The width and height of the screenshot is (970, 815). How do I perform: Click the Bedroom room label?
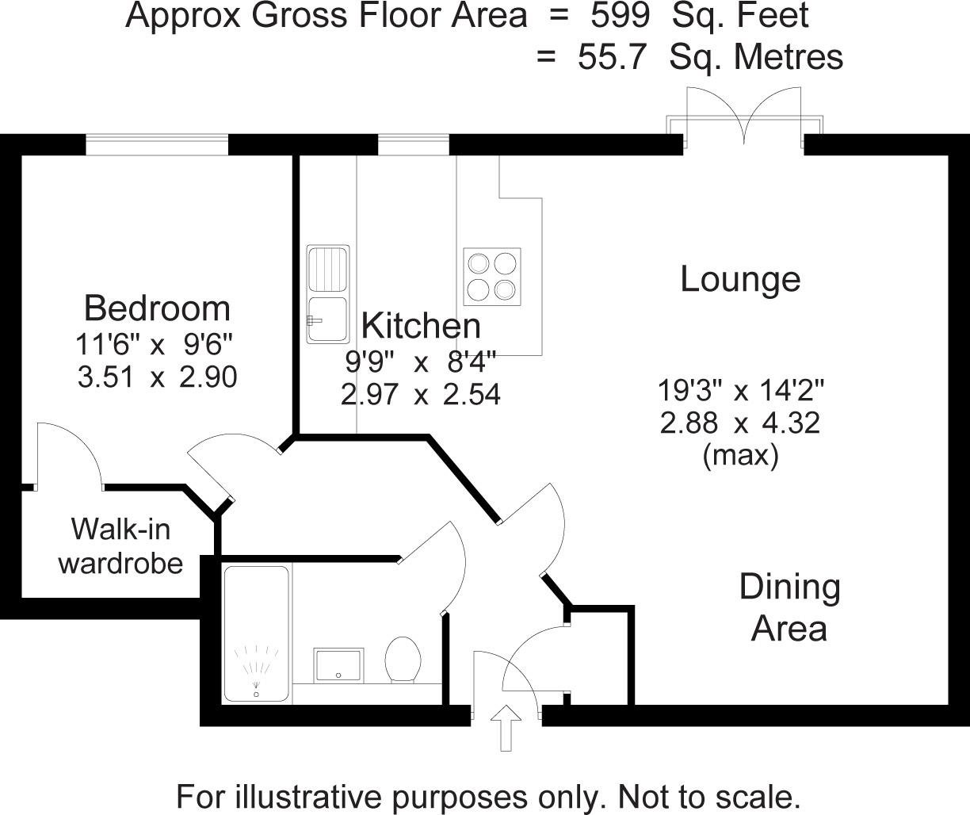pos(157,308)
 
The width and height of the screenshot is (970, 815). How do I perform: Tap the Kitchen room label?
pos(420,325)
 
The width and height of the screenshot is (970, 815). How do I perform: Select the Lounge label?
pos(740,279)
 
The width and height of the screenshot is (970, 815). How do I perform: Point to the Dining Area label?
pos(789,607)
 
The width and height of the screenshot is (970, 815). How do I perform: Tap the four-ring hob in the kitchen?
pos(492,277)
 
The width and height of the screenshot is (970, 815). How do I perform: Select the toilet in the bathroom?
pos(403,660)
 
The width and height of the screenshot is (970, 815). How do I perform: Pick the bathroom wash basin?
pos(339,664)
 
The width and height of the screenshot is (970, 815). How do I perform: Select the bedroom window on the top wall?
pos(157,144)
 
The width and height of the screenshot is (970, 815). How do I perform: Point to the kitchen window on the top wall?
pos(413,144)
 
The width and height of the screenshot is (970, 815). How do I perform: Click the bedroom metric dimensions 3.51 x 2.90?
pos(157,377)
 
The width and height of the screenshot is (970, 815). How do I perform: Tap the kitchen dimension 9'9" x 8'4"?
pos(420,362)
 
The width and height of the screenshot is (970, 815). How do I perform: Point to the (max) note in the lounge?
pos(740,456)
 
